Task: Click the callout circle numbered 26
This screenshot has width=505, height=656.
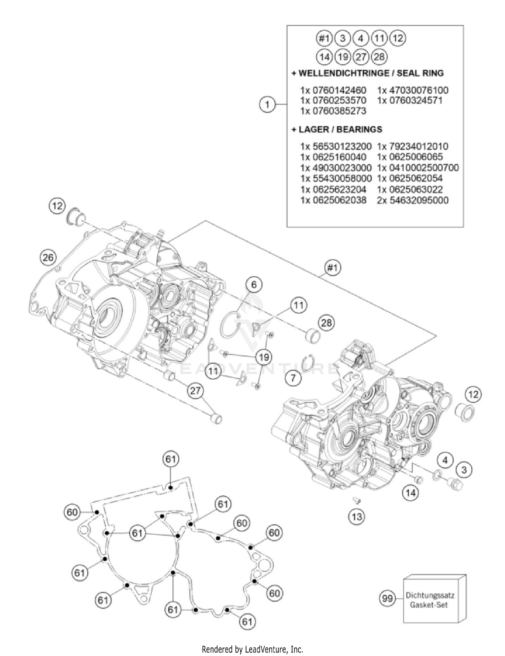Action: (x=48, y=258)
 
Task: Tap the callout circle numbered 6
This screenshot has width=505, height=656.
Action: (x=254, y=285)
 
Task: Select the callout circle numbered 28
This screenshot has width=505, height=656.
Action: (x=326, y=323)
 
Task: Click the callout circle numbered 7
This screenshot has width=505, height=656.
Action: (x=293, y=378)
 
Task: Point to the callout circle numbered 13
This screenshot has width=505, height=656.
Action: (x=357, y=517)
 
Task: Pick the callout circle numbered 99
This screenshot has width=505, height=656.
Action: (x=387, y=598)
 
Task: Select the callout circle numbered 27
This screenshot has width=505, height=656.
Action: (x=195, y=391)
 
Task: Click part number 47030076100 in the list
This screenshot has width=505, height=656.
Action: (x=418, y=90)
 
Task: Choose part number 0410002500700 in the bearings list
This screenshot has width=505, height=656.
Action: (x=424, y=167)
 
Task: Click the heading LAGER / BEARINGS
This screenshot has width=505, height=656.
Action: (x=340, y=129)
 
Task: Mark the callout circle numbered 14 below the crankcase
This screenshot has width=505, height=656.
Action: (x=410, y=493)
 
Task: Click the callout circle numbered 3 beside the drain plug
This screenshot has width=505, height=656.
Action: (x=464, y=469)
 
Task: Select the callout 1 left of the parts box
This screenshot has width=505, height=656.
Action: (x=267, y=104)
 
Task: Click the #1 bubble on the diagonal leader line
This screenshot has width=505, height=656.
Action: (x=332, y=268)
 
